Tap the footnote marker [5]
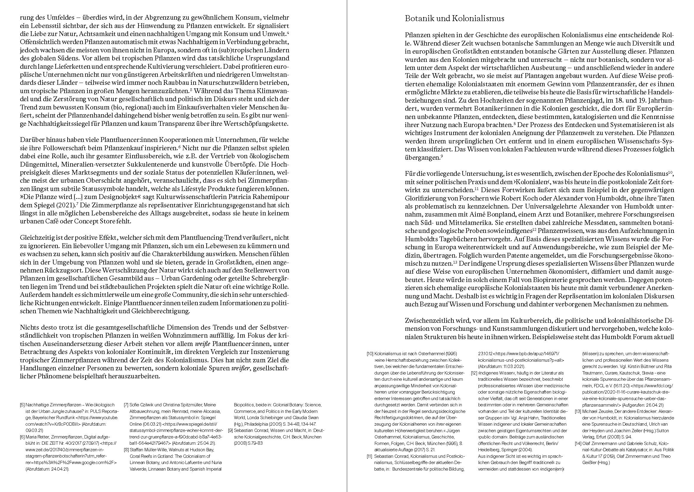click(22, 405)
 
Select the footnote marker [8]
click(127, 450)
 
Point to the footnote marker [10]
click(370, 354)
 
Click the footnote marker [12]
click(474, 373)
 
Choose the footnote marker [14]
click(578, 444)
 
